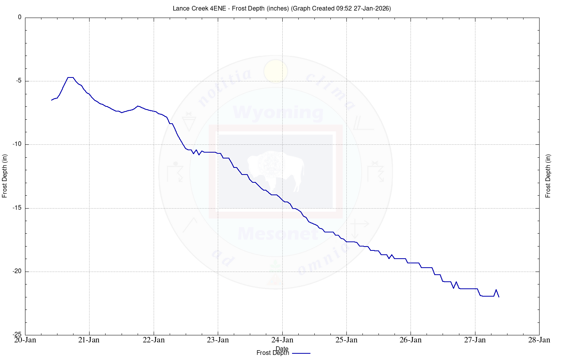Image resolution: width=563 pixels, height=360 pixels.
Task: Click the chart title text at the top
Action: (281, 8)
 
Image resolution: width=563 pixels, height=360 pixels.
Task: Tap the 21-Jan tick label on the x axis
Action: (89, 340)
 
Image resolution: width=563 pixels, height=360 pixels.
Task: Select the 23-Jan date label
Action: (218, 340)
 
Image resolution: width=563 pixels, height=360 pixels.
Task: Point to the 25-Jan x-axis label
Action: (346, 340)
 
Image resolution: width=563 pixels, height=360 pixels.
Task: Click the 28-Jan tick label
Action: (539, 340)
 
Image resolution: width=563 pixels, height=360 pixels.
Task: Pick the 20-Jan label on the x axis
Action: (25, 340)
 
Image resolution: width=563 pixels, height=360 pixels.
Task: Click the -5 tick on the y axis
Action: (18, 81)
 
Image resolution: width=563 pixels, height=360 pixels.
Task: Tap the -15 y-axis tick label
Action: (17, 208)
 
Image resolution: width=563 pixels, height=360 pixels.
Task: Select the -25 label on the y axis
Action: (17, 335)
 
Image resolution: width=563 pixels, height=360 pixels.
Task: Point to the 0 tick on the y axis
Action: (20, 18)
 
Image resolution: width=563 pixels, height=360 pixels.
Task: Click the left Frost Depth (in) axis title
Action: (5, 176)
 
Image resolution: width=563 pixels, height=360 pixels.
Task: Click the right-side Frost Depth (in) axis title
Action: (548, 176)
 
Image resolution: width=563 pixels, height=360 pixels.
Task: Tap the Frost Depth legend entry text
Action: (273, 353)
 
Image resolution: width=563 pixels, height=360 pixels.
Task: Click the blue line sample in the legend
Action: (301, 353)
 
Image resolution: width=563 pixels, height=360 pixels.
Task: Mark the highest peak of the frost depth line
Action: (70, 77)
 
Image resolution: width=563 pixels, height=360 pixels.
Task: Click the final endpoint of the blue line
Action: (498, 297)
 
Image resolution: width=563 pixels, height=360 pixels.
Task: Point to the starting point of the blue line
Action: (52, 100)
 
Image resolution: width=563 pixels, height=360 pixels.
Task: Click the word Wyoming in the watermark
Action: (278, 113)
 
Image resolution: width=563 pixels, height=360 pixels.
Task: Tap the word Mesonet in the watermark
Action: (278, 234)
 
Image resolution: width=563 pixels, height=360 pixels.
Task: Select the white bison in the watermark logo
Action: (276, 170)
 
